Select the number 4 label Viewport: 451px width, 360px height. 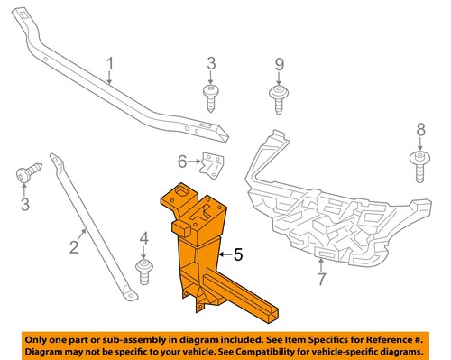tap(143, 238)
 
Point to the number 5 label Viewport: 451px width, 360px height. tap(240, 255)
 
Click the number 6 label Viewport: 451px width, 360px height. tap(182, 162)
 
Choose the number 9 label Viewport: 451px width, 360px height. tap(279, 64)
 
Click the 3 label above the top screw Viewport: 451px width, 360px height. tap(211, 63)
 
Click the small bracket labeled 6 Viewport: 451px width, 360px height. tap(213, 165)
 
